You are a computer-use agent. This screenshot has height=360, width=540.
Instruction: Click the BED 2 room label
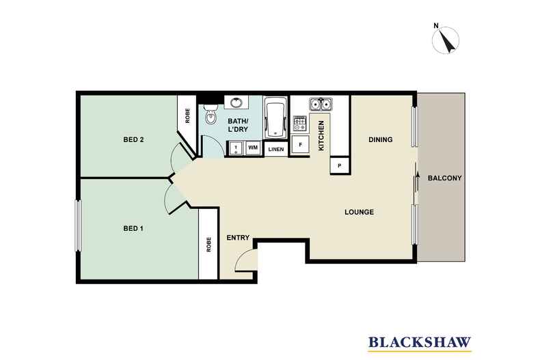pyautogui.click(x=133, y=140)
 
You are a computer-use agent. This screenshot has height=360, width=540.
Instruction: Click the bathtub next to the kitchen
pyautogui.click(x=277, y=117)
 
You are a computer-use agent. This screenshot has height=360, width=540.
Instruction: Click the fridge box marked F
pyautogui.click(x=299, y=145)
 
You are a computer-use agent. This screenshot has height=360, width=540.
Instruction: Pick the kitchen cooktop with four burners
pyautogui.click(x=299, y=123)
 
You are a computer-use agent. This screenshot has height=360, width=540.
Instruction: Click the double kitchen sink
pyautogui.click(x=320, y=105)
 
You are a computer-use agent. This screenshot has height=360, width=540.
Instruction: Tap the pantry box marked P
pyautogui.click(x=340, y=165)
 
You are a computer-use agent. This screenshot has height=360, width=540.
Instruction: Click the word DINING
pyautogui.click(x=381, y=140)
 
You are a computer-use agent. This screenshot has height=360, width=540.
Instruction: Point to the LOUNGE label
pyautogui.click(x=359, y=212)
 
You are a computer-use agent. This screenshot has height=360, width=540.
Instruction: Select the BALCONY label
pyautogui.click(x=445, y=178)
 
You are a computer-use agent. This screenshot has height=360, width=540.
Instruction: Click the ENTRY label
pyautogui.click(x=237, y=238)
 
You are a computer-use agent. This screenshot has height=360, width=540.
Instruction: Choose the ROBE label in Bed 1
pyautogui.click(x=208, y=245)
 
